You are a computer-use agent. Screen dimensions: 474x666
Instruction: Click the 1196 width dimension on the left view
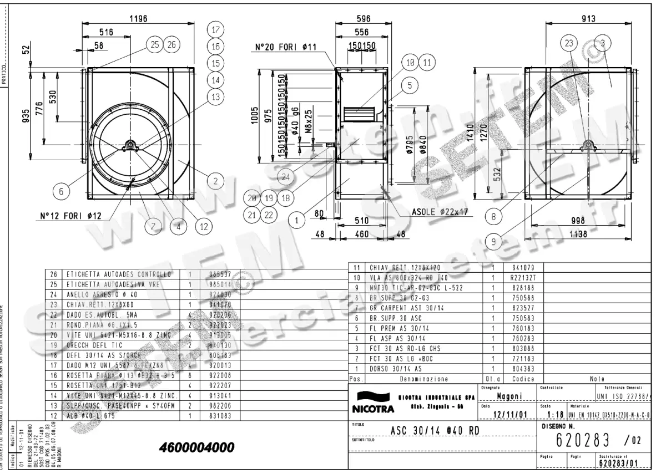click(x=138, y=19)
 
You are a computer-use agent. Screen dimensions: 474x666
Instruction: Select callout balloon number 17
click(x=216, y=30)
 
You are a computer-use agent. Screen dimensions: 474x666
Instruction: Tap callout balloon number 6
click(x=62, y=191)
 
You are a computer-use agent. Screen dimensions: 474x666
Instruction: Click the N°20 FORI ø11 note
click(x=285, y=47)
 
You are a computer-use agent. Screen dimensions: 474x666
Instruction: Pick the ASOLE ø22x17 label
click(x=440, y=212)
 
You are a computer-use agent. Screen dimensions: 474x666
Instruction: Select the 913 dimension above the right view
click(x=589, y=19)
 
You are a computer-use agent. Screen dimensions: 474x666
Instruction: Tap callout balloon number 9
click(x=493, y=241)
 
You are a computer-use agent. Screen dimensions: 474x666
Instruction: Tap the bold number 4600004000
click(x=196, y=447)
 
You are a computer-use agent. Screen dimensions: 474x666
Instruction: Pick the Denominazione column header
click(x=425, y=379)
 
